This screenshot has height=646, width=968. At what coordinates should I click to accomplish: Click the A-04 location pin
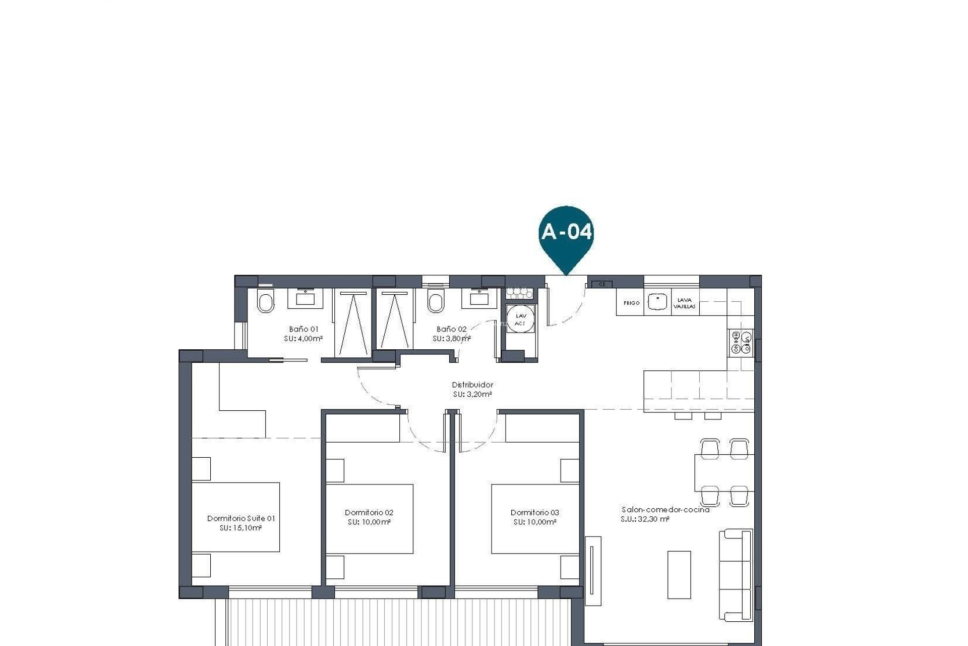566,233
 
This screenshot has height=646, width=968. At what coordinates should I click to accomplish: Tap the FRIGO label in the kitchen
631,303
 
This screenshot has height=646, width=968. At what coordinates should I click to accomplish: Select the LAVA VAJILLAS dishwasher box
685,303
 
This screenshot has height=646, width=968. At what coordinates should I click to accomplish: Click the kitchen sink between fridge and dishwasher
657,302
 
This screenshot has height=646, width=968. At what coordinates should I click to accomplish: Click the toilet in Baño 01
265,302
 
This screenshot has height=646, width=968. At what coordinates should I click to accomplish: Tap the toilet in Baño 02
436,302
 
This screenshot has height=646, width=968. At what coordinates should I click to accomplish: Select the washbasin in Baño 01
306,298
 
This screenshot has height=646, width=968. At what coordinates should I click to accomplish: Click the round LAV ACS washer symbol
520,319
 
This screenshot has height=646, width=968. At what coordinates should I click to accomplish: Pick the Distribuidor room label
472,385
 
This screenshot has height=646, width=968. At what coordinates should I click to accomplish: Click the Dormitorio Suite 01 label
241,518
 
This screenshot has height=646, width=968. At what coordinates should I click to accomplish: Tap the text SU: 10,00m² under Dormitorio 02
369,522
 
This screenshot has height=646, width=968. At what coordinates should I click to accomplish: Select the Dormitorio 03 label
534,512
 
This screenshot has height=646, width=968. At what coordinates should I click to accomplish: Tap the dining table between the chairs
724,472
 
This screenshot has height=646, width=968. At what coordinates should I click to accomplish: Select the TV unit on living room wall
593,570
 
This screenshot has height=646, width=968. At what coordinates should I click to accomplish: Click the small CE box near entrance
601,285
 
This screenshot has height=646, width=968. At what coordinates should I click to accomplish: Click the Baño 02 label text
451,329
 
